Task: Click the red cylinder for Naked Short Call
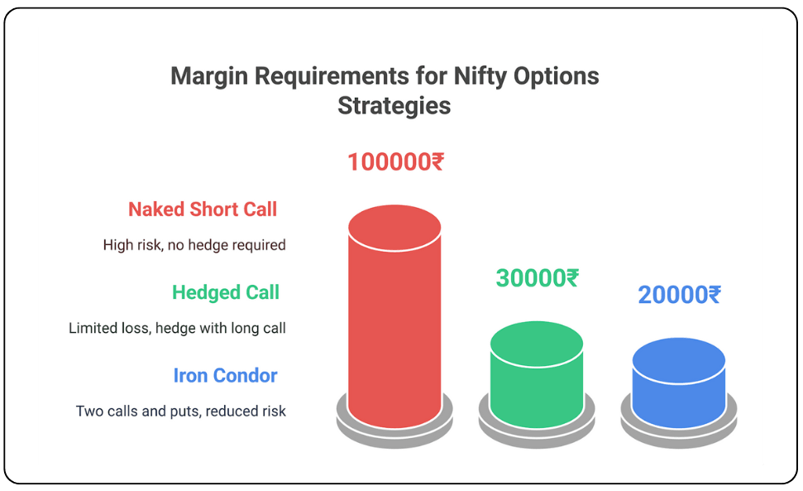pyautogui.click(x=394, y=318)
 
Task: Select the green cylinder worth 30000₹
pyautogui.click(x=537, y=375)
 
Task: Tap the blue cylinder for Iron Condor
pyautogui.click(x=679, y=383)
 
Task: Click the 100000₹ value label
pyautogui.click(x=395, y=162)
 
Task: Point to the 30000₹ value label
pyautogui.click(x=538, y=278)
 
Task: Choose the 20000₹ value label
pyautogui.click(x=679, y=295)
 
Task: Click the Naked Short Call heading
pyautogui.click(x=203, y=209)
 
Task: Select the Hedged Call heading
pyautogui.click(x=225, y=292)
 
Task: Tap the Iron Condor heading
pyautogui.click(x=225, y=375)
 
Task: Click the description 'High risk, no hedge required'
pyautogui.click(x=194, y=245)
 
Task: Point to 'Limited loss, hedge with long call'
pyautogui.click(x=177, y=328)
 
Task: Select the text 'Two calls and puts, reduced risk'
pyautogui.click(x=181, y=411)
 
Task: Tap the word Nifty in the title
pyautogui.click(x=480, y=76)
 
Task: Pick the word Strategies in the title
pyautogui.click(x=394, y=106)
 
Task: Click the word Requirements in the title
pyautogui.click(x=332, y=76)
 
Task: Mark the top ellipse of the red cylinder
pyautogui.click(x=394, y=228)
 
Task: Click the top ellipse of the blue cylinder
pyautogui.click(x=679, y=360)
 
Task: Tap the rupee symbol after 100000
pyautogui.click(x=437, y=162)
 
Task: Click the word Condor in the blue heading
pyautogui.click(x=245, y=375)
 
